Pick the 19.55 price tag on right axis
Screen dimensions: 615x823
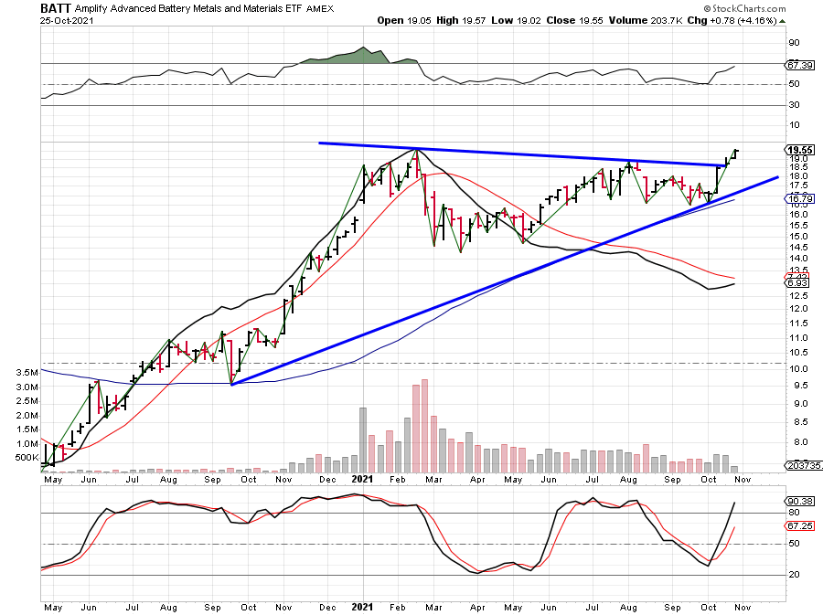coord(800,150)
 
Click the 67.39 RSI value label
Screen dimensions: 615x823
coord(800,66)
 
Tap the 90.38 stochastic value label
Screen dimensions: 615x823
coord(800,501)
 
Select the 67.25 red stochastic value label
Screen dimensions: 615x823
coord(800,526)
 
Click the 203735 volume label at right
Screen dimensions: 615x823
coord(802,465)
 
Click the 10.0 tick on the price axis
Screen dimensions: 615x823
coord(797,368)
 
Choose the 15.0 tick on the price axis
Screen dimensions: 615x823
coord(797,237)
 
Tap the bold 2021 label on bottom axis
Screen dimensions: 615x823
coord(364,606)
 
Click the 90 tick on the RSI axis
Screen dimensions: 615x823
coord(796,42)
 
